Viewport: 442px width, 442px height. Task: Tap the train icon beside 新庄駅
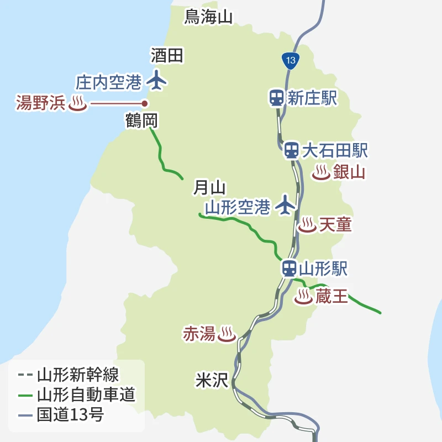click(276, 98)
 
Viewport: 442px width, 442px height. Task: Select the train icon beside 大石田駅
click(291, 150)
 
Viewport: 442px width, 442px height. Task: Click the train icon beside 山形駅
click(288, 269)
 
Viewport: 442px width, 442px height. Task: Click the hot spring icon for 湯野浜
click(77, 104)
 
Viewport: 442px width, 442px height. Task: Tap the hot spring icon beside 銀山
click(321, 173)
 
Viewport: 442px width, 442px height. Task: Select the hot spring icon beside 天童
click(307, 225)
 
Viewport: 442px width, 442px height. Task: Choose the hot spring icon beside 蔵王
click(303, 297)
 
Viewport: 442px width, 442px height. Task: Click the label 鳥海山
click(208, 17)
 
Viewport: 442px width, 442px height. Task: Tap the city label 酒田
click(166, 55)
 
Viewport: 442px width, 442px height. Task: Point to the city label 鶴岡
click(142, 120)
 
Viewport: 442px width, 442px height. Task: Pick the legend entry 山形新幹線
click(77, 375)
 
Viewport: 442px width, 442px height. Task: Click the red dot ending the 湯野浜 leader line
click(145, 103)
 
